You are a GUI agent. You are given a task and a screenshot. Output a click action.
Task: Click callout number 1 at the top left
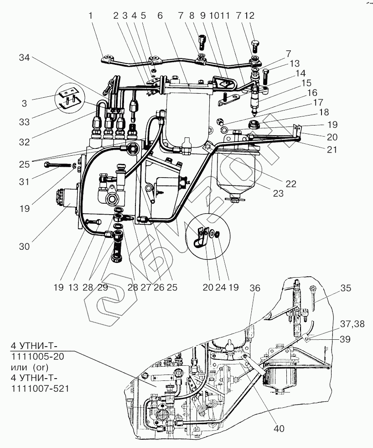coord(91,16)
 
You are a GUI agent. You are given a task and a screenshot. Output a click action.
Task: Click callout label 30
coord(24,246)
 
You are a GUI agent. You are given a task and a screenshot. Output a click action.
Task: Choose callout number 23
coord(279,193)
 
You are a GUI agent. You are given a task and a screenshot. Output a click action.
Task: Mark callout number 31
coord(24,181)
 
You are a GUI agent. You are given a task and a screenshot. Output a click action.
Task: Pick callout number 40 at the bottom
coord(279,428)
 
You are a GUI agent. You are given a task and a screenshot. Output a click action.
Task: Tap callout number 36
coord(255,288)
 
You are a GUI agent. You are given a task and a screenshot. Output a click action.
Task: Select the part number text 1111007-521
coord(42,388)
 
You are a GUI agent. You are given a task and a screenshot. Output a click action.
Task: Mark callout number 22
coord(290,184)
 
